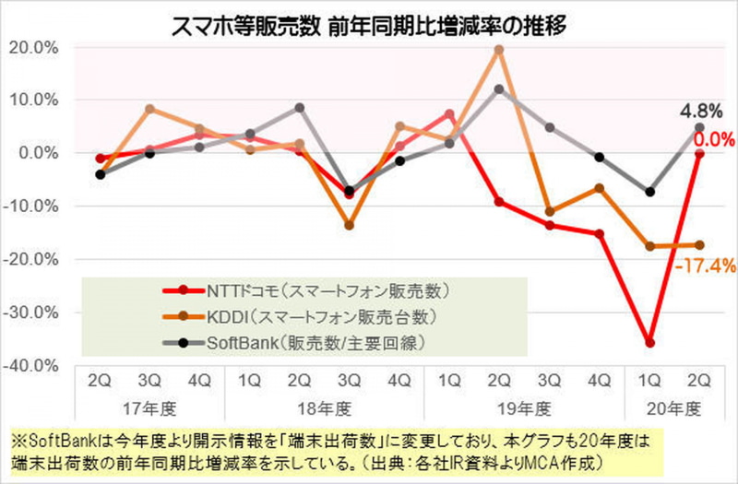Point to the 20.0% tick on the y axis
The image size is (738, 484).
click(x=32, y=47)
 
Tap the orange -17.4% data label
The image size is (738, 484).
click(x=703, y=266)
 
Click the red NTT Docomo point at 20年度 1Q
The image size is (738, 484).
click(x=650, y=343)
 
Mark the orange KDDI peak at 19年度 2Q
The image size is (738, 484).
click(x=499, y=50)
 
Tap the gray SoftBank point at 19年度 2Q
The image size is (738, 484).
click(x=499, y=89)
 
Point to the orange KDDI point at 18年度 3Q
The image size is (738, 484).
click(x=349, y=225)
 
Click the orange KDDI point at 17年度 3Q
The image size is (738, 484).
click(x=149, y=109)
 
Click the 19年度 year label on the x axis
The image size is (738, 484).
click(x=524, y=406)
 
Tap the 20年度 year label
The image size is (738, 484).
click(x=675, y=406)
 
